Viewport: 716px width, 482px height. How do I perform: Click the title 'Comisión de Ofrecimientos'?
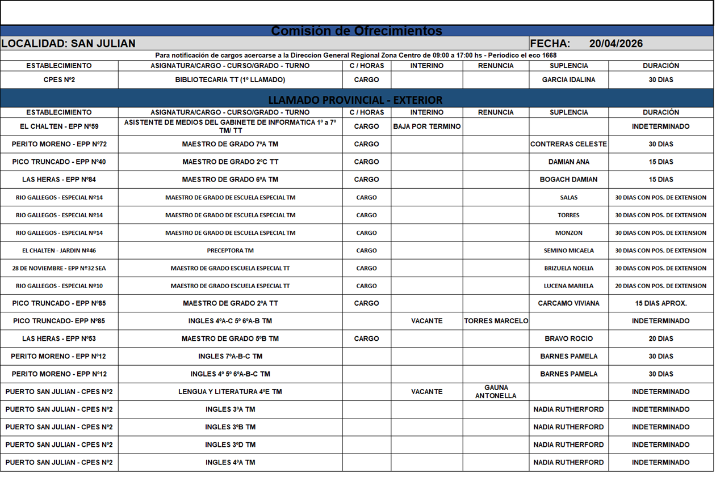point(357,31)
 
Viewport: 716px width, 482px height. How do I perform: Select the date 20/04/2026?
point(615,44)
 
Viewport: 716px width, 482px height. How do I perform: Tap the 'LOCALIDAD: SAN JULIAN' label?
point(68,44)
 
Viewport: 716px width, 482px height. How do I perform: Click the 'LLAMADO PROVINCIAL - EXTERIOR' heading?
point(355,100)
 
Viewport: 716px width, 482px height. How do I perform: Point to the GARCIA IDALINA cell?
point(568,80)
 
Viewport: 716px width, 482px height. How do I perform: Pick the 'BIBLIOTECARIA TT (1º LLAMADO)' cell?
point(230,80)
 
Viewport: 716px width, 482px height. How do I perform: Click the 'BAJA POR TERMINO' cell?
point(426,126)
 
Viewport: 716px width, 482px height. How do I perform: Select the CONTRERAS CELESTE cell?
point(568,144)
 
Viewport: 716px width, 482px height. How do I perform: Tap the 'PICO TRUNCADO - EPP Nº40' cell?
point(59,162)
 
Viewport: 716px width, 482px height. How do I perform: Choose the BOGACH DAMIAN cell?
point(568,179)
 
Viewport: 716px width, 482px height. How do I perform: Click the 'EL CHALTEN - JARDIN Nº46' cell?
point(59,251)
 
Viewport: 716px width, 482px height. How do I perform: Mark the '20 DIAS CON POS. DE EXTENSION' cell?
point(660,286)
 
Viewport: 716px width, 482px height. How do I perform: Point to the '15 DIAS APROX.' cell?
point(660,303)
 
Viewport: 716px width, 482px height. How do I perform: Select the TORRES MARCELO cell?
point(496,321)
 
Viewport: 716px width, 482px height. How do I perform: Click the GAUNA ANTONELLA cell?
point(496,392)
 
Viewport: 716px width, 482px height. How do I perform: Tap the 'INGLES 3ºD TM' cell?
point(230,445)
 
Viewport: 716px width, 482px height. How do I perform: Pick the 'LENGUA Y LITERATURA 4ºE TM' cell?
point(230,392)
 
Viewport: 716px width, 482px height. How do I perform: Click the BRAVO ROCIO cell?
point(568,339)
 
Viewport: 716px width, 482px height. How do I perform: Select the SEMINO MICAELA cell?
point(568,251)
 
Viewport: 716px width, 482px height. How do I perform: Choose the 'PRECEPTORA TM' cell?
point(230,251)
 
